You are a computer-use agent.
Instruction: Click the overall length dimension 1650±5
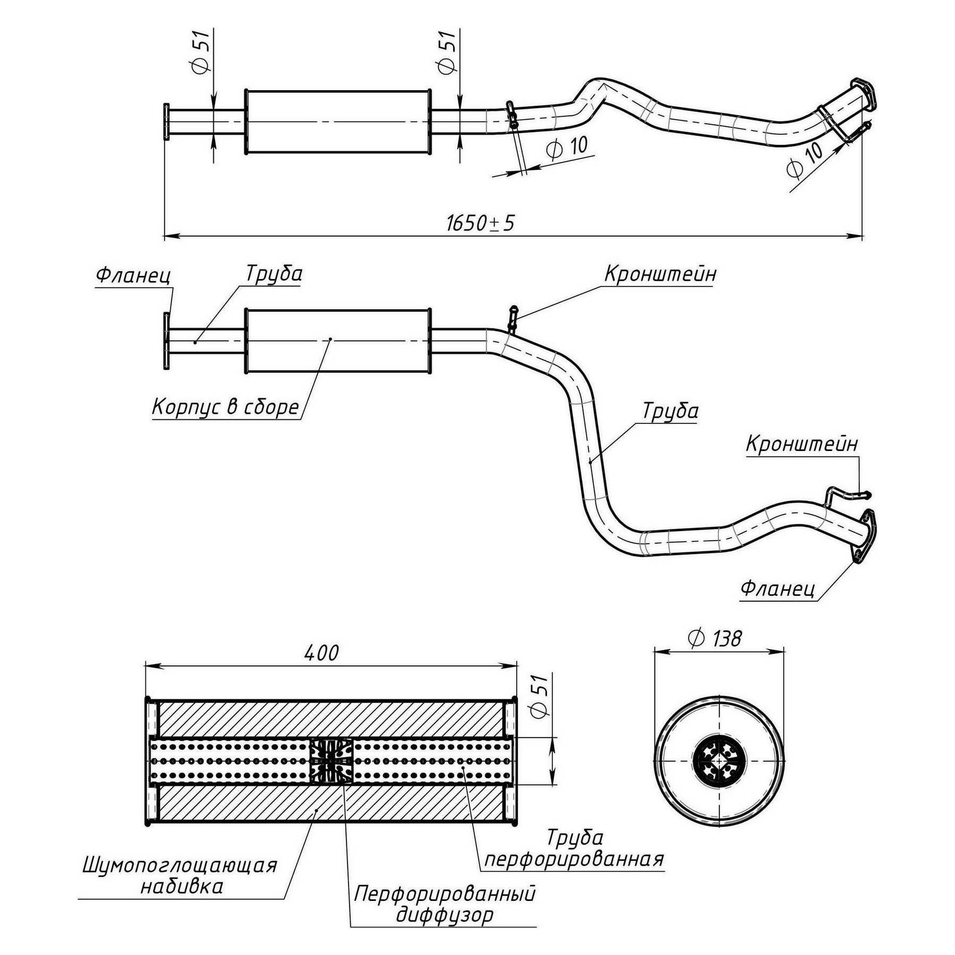pyautogui.click(x=480, y=223)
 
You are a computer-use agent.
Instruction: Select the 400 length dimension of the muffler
pyautogui.click(x=322, y=653)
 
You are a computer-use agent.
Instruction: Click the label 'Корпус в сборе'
pyautogui.click(x=225, y=407)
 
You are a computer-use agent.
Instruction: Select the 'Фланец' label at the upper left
pyautogui.click(x=133, y=275)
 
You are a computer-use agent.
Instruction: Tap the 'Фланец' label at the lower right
pyautogui.click(x=777, y=588)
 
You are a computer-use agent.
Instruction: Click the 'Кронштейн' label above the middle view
pyautogui.click(x=660, y=274)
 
